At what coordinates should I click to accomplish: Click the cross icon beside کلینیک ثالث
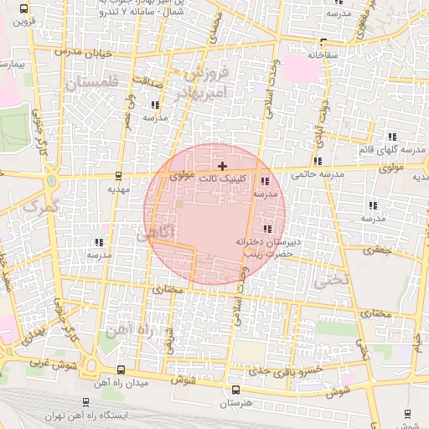click(x=221, y=167)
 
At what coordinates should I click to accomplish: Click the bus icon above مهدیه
click(x=117, y=177)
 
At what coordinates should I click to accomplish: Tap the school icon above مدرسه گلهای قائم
click(x=390, y=137)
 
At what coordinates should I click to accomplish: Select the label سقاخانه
click(x=323, y=54)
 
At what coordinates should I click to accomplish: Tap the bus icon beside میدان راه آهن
click(x=122, y=370)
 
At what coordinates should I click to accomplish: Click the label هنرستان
click(x=235, y=404)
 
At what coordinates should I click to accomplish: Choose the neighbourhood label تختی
click(x=328, y=282)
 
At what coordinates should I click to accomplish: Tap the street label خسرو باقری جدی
click(x=295, y=369)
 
